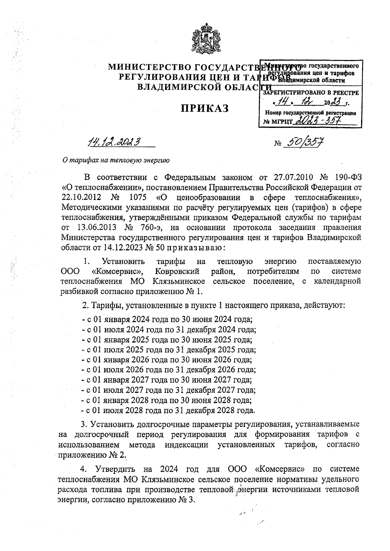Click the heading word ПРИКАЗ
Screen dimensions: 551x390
205,108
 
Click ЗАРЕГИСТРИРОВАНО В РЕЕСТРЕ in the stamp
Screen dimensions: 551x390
310,93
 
